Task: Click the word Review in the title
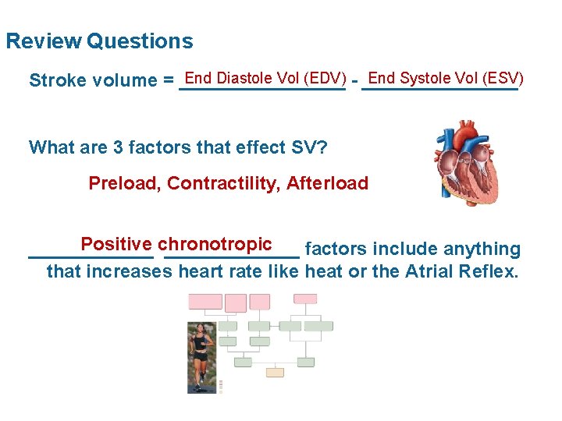point(44,41)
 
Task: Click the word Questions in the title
point(140,41)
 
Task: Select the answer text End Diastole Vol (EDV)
point(265,78)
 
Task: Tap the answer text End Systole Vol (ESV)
point(445,78)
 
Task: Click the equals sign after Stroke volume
point(169,81)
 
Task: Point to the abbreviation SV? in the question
point(308,147)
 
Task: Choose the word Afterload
point(327,183)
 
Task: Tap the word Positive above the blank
point(116,244)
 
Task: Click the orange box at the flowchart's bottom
point(275,372)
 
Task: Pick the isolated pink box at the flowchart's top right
point(305,299)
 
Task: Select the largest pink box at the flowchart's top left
point(205,302)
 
